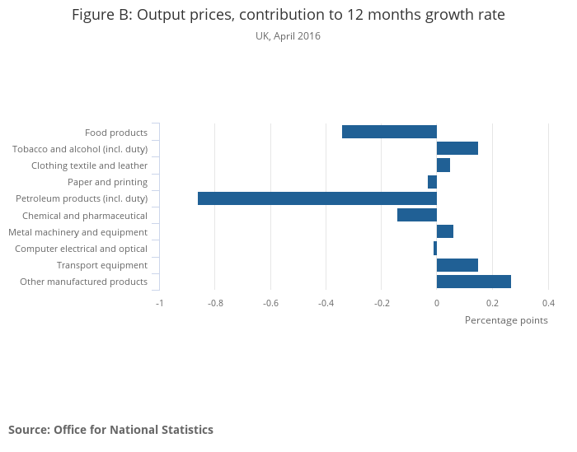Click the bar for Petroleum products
[x=317, y=198]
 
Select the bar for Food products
[x=389, y=132]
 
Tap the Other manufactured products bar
[x=474, y=282]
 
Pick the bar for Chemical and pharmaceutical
[x=417, y=215]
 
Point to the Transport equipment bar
[x=457, y=265]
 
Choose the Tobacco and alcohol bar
[x=457, y=148]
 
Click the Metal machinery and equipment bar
[x=445, y=231]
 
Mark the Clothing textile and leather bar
[x=443, y=165]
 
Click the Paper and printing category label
[x=107, y=182]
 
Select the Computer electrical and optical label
[x=81, y=249]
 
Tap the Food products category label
[x=116, y=133]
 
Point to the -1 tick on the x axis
[x=160, y=302]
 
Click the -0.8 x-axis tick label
[x=215, y=302]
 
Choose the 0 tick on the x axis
[x=437, y=302]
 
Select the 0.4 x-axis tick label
[x=548, y=302]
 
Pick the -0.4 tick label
[x=326, y=302]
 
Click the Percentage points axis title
[x=506, y=320]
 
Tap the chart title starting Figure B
[x=288, y=16]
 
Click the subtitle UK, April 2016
[x=288, y=36]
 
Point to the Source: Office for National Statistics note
[x=110, y=430]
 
